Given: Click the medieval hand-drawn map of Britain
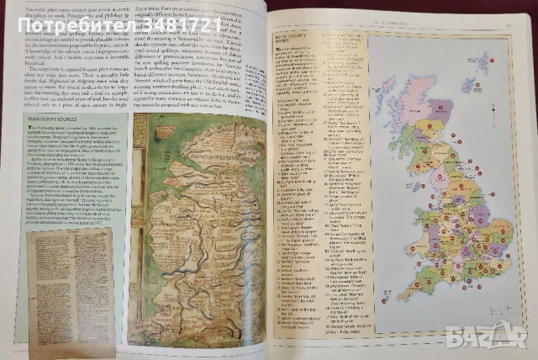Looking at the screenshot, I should [x=195, y=227].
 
